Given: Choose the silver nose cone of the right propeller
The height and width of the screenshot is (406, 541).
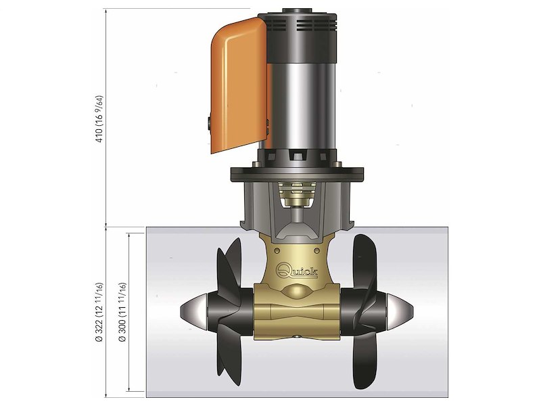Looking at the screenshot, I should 398,311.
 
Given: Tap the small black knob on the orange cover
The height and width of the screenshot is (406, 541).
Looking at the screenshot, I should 204,122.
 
